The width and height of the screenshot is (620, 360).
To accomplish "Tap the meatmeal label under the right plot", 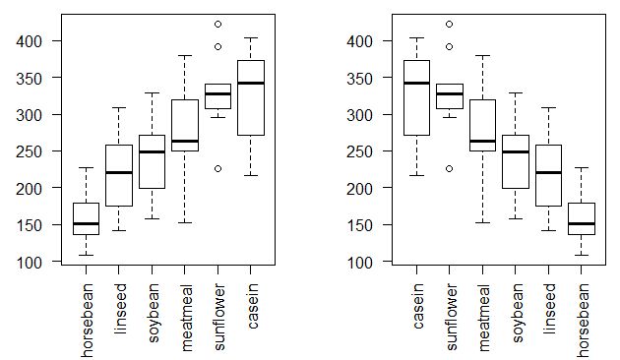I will [x=482, y=307].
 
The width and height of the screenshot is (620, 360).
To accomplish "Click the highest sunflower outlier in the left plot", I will [x=217, y=24].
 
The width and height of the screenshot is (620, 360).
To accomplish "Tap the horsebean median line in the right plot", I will [x=581, y=224].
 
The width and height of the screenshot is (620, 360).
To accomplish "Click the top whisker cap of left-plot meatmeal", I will [x=184, y=56].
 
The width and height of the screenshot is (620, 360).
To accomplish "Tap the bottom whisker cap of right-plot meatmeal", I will [x=482, y=223].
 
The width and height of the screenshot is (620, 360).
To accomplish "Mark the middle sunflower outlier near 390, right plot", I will [x=450, y=46].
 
